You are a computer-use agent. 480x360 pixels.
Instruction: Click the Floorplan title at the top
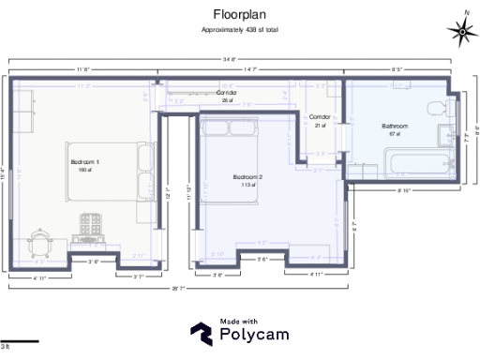[239, 14]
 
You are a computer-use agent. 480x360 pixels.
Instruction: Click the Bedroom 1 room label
[84, 163]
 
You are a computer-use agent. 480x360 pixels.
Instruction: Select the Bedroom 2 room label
[247, 176]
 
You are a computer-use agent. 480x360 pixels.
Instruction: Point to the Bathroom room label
[395, 126]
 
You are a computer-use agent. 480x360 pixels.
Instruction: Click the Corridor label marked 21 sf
[320, 118]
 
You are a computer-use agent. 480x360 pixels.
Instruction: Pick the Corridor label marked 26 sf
[226, 95]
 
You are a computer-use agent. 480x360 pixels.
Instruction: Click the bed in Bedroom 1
[112, 171]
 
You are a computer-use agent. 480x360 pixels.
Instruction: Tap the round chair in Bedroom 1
[40, 241]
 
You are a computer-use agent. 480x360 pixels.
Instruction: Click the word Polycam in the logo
[253, 334]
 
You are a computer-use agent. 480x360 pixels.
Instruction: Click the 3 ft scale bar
[20, 340]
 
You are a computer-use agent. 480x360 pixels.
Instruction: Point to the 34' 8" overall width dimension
[228, 60]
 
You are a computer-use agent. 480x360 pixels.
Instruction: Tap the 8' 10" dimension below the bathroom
[404, 191]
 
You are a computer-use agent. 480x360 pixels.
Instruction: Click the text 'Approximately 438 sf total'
[239, 30]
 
